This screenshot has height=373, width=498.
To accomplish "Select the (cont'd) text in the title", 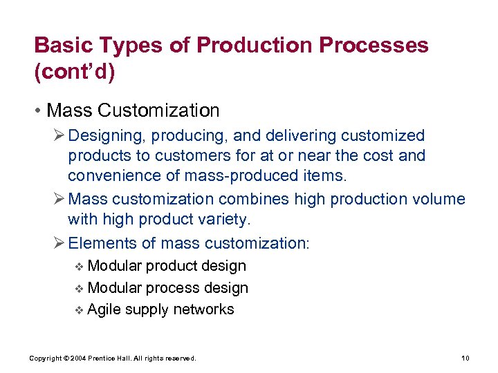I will [x=73, y=72].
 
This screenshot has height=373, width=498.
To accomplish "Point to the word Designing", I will [x=106, y=136].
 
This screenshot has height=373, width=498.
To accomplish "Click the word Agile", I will [x=104, y=309].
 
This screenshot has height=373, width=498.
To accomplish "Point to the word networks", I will [x=203, y=309].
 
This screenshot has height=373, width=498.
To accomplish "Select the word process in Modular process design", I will [x=175, y=287].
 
